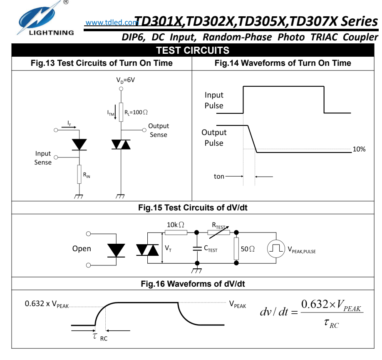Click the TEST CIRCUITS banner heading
click(192, 50)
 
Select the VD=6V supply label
click(125, 80)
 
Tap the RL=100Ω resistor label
click(136, 112)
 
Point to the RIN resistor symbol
click(79, 175)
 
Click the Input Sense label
click(43, 158)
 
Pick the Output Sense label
click(159, 130)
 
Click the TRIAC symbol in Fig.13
click(121, 144)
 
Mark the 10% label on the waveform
click(359, 149)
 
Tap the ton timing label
click(219, 176)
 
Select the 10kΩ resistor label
click(176, 225)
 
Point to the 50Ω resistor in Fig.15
click(237, 248)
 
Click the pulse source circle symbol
click(275, 249)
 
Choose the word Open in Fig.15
click(82, 249)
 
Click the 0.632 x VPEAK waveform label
click(47, 304)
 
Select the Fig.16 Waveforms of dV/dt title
click(193, 284)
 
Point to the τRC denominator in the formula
click(331, 323)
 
